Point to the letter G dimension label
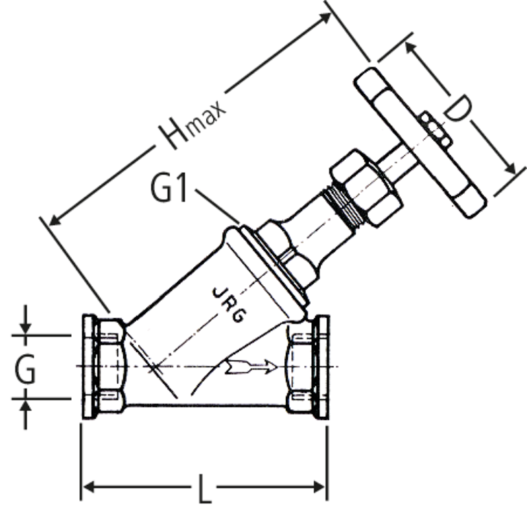(x=25, y=370)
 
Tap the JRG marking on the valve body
(x=231, y=305)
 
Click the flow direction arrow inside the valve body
(x=250, y=366)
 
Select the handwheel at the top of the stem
(x=420, y=142)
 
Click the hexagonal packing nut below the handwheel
(x=366, y=188)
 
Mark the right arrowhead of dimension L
(x=319, y=487)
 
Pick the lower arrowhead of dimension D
(x=510, y=168)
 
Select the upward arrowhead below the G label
(x=25, y=405)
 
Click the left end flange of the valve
(x=89, y=367)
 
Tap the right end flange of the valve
(x=323, y=367)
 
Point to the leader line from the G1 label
(x=218, y=206)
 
